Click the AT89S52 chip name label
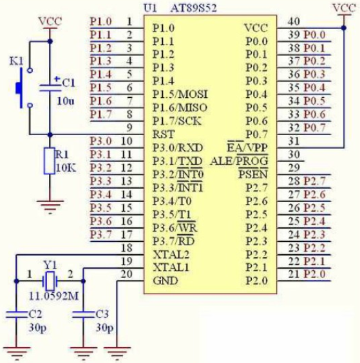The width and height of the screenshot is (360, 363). [x=193, y=8]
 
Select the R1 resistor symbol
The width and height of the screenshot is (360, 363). [x=50, y=161]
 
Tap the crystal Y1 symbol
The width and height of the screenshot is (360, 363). [x=50, y=281]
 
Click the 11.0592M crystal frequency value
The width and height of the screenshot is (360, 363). [x=53, y=296]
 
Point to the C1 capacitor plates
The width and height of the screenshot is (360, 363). [x=50, y=88]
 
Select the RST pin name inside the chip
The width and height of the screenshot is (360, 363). [x=164, y=135]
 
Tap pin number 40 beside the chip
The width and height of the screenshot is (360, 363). [x=294, y=21]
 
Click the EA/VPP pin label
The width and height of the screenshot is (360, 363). [x=247, y=147]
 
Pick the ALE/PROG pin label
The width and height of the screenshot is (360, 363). [x=239, y=161]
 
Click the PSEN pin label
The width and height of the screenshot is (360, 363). [x=253, y=174]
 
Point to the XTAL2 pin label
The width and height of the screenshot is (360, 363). [x=171, y=255]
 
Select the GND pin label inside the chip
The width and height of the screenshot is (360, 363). [x=166, y=281]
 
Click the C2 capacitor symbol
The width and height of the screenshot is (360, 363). [x=16, y=314]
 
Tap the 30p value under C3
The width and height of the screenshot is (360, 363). [x=104, y=328]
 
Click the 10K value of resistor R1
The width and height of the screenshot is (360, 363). [x=66, y=168]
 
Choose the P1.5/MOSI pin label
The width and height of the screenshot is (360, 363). [x=180, y=94]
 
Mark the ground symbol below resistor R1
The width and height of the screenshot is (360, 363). [x=50, y=207]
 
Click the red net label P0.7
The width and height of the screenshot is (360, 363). [x=314, y=127]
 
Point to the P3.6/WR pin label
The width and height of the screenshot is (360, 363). [x=175, y=227]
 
